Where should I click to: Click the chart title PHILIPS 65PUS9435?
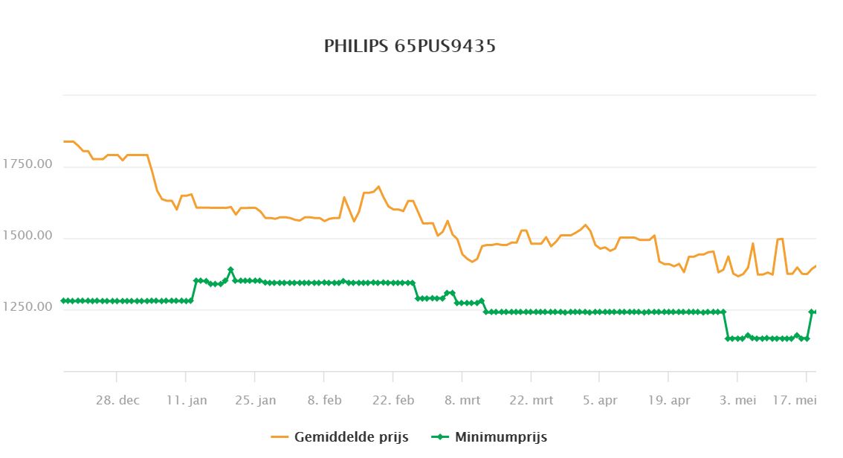410,47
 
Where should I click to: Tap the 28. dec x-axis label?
117,401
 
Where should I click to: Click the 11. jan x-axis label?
187,401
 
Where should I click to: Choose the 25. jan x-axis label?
256,401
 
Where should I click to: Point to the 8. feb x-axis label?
324,401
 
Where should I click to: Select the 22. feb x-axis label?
393,401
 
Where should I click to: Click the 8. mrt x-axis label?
462,401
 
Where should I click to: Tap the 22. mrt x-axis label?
532,401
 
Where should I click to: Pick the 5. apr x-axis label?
600,401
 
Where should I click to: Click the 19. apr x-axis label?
669,401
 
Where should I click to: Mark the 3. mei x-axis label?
738,401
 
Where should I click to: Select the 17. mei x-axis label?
807,401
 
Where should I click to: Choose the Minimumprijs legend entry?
500,437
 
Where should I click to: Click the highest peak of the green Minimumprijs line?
230,270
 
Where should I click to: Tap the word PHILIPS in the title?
351,47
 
